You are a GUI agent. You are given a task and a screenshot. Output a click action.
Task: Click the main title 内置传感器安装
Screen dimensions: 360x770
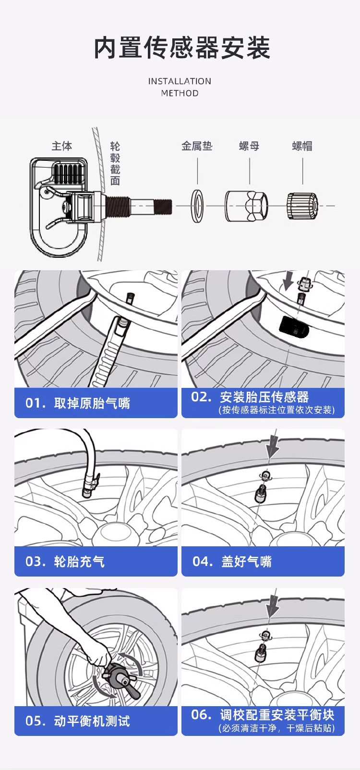click(182, 48)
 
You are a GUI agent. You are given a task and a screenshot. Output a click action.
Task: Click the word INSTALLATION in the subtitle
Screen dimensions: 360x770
click(180, 81)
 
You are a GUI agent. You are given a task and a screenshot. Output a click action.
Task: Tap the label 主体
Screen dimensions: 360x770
click(62, 146)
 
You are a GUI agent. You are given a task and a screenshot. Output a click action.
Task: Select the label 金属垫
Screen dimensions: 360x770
click(197, 146)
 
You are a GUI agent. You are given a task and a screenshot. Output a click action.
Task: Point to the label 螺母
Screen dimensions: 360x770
click(249, 146)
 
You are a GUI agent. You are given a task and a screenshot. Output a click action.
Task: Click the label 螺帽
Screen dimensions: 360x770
click(302, 146)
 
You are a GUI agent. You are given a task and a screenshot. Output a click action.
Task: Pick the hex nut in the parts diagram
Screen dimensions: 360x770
click(246, 206)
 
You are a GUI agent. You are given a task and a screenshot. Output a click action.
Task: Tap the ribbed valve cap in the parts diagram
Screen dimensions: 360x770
click(302, 206)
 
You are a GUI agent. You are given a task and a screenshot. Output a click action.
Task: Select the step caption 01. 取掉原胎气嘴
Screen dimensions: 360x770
click(78, 403)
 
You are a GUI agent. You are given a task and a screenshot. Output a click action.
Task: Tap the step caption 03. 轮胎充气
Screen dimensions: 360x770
click(65, 562)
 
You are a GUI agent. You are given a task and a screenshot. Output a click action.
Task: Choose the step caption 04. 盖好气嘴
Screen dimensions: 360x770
click(232, 562)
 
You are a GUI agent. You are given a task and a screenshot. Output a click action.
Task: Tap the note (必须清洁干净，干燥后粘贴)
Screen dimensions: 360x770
click(276, 728)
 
